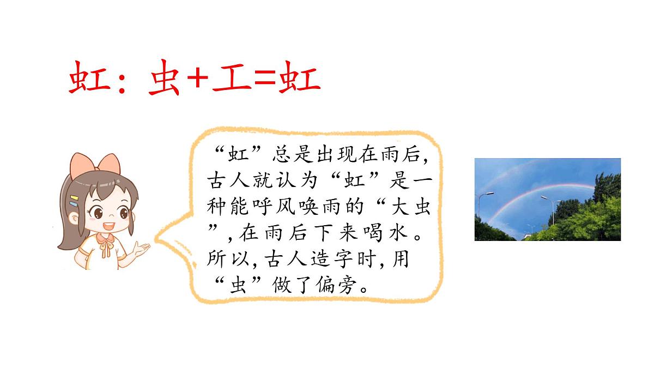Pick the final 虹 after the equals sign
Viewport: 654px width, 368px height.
[x=299, y=80]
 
